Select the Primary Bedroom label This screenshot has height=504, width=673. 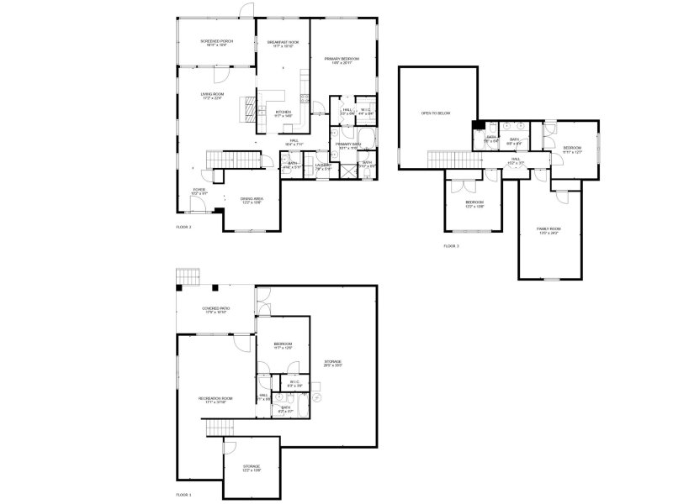[342, 59]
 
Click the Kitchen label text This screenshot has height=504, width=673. [284, 113]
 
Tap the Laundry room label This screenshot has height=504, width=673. [321, 165]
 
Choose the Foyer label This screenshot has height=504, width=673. [199, 191]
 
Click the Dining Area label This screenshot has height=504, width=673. [252, 200]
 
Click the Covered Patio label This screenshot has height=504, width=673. [216, 310]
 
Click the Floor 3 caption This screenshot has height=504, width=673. [452, 246]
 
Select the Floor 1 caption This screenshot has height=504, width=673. [183, 495]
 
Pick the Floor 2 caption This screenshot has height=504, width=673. [183, 228]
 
